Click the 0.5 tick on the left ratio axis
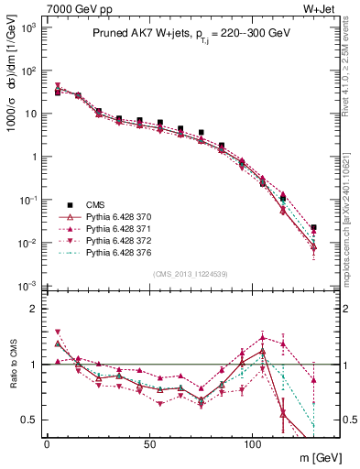pyautogui.click(x=27, y=420)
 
